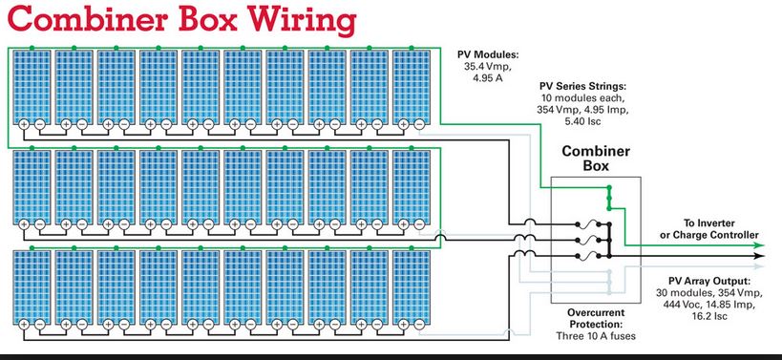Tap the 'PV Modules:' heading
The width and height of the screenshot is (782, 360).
pyautogui.click(x=483, y=53)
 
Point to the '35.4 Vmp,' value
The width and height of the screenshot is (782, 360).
pyautogui.click(x=483, y=66)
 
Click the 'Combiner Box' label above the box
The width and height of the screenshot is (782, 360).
pyautogui.click(x=596, y=159)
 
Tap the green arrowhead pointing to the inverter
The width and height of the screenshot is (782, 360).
pyautogui.click(x=758, y=244)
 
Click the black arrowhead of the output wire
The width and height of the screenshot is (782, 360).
pyautogui.click(x=758, y=256)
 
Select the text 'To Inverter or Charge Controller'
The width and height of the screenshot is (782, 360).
pyautogui.click(x=708, y=229)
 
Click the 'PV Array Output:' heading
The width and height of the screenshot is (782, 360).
pyautogui.click(x=709, y=280)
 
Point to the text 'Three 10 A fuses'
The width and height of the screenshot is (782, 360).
pyautogui.click(x=596, y=336)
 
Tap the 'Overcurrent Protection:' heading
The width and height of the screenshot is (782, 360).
pyautogui.click(x=596, y=319)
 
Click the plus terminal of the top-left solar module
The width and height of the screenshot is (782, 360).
pyautogui.click(x=24, y=124)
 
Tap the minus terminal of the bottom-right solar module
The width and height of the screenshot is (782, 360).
pyautogui.click(x=419, y=325)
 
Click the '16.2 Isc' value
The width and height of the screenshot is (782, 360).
pyautogui.click(x=709, y=316)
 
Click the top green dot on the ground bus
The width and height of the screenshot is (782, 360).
pyautogui.click(x=608, y=188)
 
